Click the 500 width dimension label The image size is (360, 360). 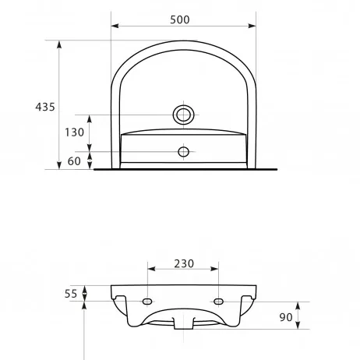click(180, 19)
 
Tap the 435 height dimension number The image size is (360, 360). click(45, 107)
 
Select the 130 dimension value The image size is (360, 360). click(74, 132)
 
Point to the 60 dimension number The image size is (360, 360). click(74, 161)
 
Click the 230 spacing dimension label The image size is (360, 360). click(184, 263)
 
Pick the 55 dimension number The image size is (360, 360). click(71, 294)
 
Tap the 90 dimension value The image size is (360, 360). click(286, 317)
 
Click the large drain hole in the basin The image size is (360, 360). click(184, 115)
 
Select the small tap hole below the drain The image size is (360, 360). click(183, 152)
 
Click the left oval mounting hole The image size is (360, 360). click(147, 302)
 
